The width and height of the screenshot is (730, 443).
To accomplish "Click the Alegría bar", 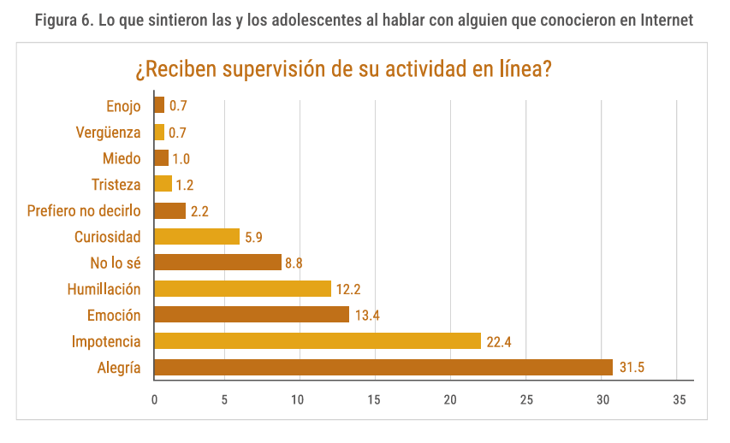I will click(x=383, y=368).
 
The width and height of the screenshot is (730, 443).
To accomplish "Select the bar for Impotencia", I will click(x=318, y=341).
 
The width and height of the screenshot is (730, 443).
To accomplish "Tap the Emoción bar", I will click(x=252, y=315).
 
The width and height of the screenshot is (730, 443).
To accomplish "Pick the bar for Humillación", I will click(x=242, y=289).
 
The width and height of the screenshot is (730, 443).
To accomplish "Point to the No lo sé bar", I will click(x=217, y=263).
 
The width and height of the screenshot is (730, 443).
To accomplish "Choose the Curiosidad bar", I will click(x=197, y=237).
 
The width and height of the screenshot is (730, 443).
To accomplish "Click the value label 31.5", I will click(x=632, y=368).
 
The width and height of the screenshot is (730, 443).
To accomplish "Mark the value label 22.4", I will click(x=499, y=341).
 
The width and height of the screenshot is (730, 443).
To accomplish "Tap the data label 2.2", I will click(x=200, y=210).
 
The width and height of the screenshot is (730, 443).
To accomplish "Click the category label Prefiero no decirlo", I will click(x=84, y=210).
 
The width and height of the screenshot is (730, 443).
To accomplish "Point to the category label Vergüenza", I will click(x=108, y=132).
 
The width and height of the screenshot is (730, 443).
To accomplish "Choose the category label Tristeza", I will click(x=116, y=184).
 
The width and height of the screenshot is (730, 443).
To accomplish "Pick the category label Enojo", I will click(x=123, y=105).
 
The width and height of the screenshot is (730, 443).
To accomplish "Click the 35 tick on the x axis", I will click(x=680, y=399).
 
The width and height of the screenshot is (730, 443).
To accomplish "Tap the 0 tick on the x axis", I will click(x=154, y=399).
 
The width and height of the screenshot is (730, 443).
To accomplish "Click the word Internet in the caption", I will click(x=664, y=20).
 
